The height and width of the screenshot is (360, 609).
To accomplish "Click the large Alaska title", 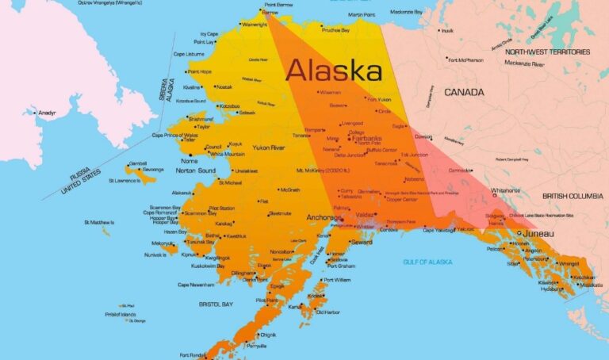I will coord(334,71).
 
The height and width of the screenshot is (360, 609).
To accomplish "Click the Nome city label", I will coord(190,160).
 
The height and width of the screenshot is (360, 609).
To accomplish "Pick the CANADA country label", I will coord(464,93).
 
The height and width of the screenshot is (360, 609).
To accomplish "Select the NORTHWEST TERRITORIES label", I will coord(547,52).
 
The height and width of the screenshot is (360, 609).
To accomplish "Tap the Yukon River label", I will coord(268,148).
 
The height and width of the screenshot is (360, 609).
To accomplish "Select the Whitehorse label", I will coord(506,190).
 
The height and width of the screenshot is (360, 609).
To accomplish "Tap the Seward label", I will coord(362,243).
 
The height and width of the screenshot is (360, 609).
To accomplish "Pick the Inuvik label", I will coord(447,31).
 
